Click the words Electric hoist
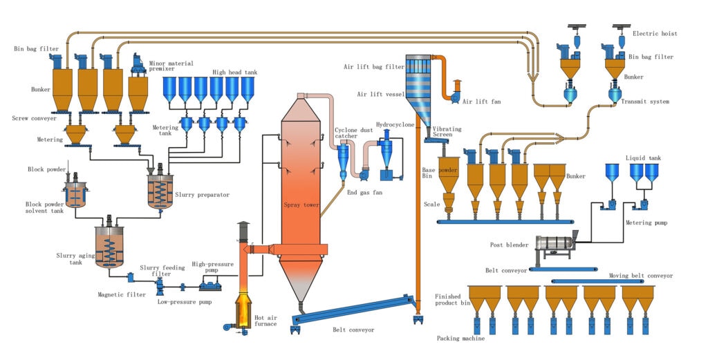coord(655,33)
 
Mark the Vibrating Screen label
coord(447,132)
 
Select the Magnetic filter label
coord(122,295)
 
